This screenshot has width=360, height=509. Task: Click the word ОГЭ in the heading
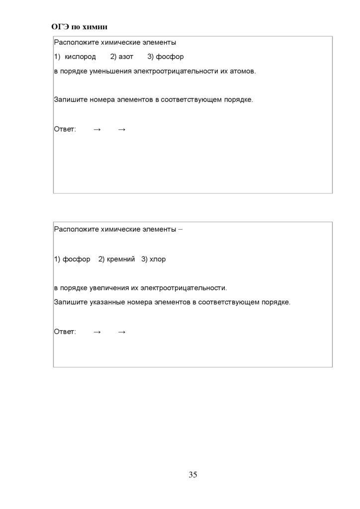pyautogui.click(x=60, y=26)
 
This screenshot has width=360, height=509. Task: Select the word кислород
pyautogui.click(x=80, y=57)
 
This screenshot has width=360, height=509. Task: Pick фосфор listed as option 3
pyautogui.click(x=170, y=57)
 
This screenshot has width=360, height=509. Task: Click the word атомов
pyautogui.click(x=242, y=72)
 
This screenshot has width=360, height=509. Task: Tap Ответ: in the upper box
pyautogui.click(x=65, y=130)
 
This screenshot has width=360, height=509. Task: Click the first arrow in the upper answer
pyautogui.click(x=97, y=130)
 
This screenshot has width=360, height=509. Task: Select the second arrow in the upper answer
pyautogui.click(x=122, y=130)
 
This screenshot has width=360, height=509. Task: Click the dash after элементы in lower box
pyautogui.click(x=180, y=230)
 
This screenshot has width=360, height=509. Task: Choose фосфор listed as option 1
pyautogui.click(x=77, y=259)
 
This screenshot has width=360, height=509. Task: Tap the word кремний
pyautogui.click(x=121, y=259)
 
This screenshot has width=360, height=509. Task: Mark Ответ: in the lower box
pyautogui.click(x=65, y=332)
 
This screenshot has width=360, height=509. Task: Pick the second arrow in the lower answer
pyautogui.click(x=122, y=332)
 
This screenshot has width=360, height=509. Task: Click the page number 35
pyautogui.click(x=193, y=475)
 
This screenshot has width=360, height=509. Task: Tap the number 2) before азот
pyautogui.click(x=113, y=57)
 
